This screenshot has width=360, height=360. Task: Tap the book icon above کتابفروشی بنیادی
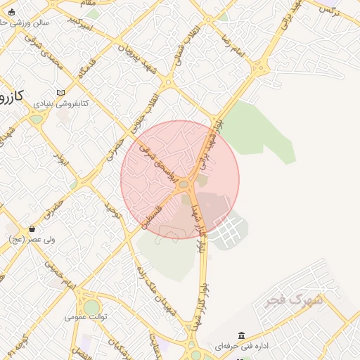coord(60,93)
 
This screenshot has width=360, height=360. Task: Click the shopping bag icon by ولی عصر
coord(32,229)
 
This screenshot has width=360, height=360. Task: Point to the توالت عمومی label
coord(86,317)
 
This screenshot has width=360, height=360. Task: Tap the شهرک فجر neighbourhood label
coord(294,301)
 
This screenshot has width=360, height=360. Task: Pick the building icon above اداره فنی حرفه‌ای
coord(242,335)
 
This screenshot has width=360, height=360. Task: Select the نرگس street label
coord(328,8)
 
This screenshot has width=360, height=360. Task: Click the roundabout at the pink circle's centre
coord(185,184)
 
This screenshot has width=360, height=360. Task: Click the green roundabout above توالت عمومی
coord(91,307)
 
